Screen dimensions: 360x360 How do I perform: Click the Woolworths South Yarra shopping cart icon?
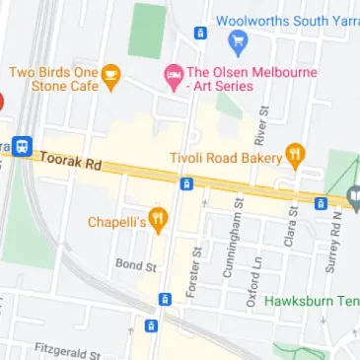(237, 40)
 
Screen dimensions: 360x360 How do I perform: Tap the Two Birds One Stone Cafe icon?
(110, 73)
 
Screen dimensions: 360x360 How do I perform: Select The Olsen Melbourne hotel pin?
(173, 74)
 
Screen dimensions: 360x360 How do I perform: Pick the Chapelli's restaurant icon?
(157, 218)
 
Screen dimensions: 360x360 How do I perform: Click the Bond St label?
(136, 265)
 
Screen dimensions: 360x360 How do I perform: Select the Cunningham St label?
(238, 238)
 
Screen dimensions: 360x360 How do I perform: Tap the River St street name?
(261, 126)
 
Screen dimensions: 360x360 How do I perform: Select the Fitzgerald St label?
(67, 350)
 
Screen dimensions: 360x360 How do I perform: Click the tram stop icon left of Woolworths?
(200, 33)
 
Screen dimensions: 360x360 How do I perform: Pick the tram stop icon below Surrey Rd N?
(320, 203)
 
